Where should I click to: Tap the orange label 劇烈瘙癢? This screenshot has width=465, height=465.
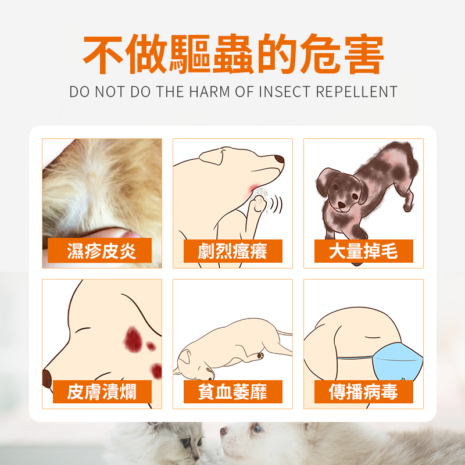point(233,251)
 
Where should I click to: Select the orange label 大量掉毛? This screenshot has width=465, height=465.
point(363,251)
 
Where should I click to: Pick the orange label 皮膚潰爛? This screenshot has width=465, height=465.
point(102,392)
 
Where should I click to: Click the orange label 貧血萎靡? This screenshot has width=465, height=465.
point(233,392)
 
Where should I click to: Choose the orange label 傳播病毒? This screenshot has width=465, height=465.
point(363,392)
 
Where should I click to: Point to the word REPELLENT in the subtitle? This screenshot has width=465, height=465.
point(357,92)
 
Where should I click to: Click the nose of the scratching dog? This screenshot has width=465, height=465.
point(280,159)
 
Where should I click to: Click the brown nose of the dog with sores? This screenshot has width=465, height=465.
point(46,378)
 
